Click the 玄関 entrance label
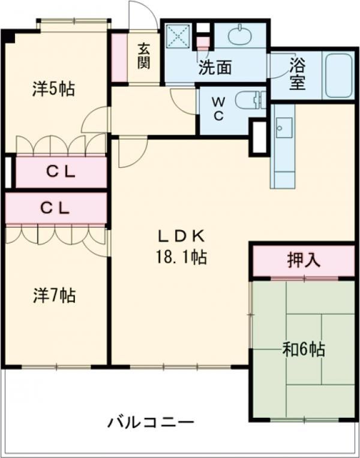coord(143,56)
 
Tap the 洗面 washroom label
coord(215,68)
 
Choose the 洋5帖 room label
coord(53,90)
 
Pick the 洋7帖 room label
coord(54,295)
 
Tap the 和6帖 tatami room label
coord(304,349)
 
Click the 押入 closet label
coord(304,260)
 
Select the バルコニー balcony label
coord(151,423)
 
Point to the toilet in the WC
coord(248,100)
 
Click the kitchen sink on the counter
coord(282,128)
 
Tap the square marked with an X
coord(178,35)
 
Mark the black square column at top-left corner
coord(8,35)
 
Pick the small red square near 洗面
coord(203,43)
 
